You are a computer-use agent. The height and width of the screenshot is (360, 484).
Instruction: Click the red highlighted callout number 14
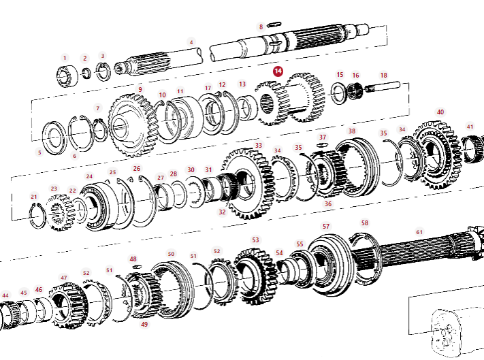(278, 70)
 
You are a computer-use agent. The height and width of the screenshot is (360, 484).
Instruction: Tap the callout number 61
(419, 232)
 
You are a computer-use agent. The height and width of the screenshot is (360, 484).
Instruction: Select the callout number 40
(440, 112)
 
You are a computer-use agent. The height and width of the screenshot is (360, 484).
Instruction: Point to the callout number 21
(33, 197)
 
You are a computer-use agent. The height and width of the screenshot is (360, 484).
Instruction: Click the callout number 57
(326, 226)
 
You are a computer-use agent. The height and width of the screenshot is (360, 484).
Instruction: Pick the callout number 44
(5, 296)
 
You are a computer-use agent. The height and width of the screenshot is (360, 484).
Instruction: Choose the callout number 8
(260, 27)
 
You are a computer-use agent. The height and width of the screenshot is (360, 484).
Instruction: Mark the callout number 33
(258, 146)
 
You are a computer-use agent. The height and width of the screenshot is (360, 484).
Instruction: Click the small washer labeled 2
(87, 73)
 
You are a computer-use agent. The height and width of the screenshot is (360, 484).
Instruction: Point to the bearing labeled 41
(472, 150)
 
